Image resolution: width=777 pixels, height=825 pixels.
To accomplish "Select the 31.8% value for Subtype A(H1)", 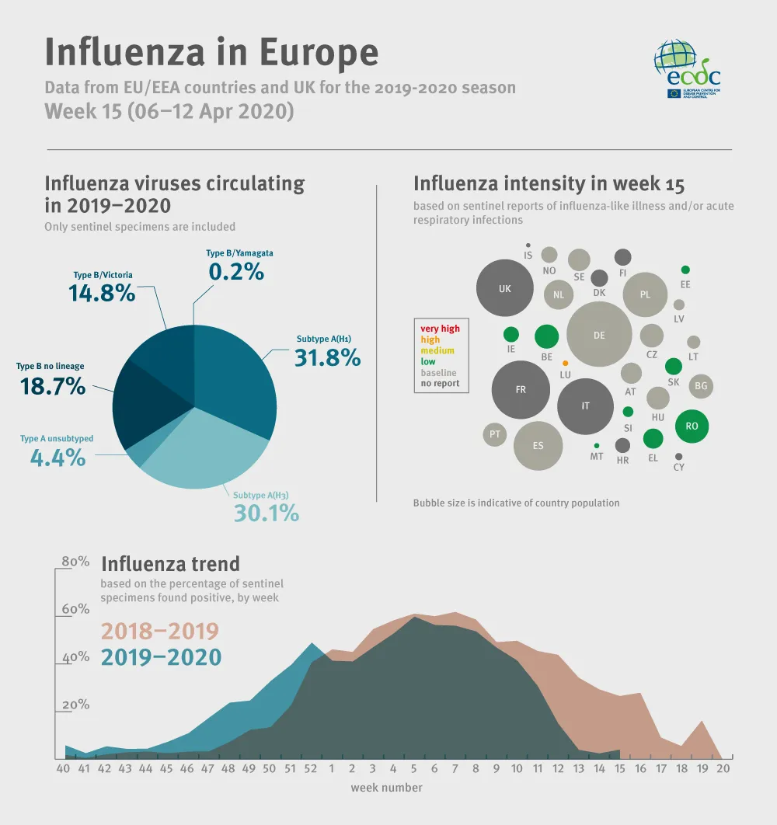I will point(327,357).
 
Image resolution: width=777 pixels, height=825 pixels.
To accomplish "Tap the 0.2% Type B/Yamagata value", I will point(236,272).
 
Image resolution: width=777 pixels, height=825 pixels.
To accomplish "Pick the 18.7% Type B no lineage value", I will point(51,386).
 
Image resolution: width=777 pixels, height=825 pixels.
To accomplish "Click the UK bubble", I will point(505,289).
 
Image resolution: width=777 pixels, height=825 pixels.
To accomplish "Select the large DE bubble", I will point(598,335).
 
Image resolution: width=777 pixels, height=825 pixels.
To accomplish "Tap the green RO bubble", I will point(692,426).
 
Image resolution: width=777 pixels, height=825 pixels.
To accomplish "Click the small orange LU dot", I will point(565,363).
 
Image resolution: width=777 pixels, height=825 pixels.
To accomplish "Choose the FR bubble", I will point(521,390).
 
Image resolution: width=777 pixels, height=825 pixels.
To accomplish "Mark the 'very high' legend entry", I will point(440,329).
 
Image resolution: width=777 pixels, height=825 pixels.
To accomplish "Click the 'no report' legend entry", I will point(440,383).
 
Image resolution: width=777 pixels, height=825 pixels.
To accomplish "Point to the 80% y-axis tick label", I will point(75,562).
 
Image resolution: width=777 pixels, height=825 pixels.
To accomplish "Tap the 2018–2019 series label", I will point(160,631).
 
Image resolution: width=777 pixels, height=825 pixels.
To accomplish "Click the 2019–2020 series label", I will point(161,657).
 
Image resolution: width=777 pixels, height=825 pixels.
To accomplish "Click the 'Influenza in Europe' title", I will point(211,52).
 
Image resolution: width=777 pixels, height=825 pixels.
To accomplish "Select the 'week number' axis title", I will point(386,788).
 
